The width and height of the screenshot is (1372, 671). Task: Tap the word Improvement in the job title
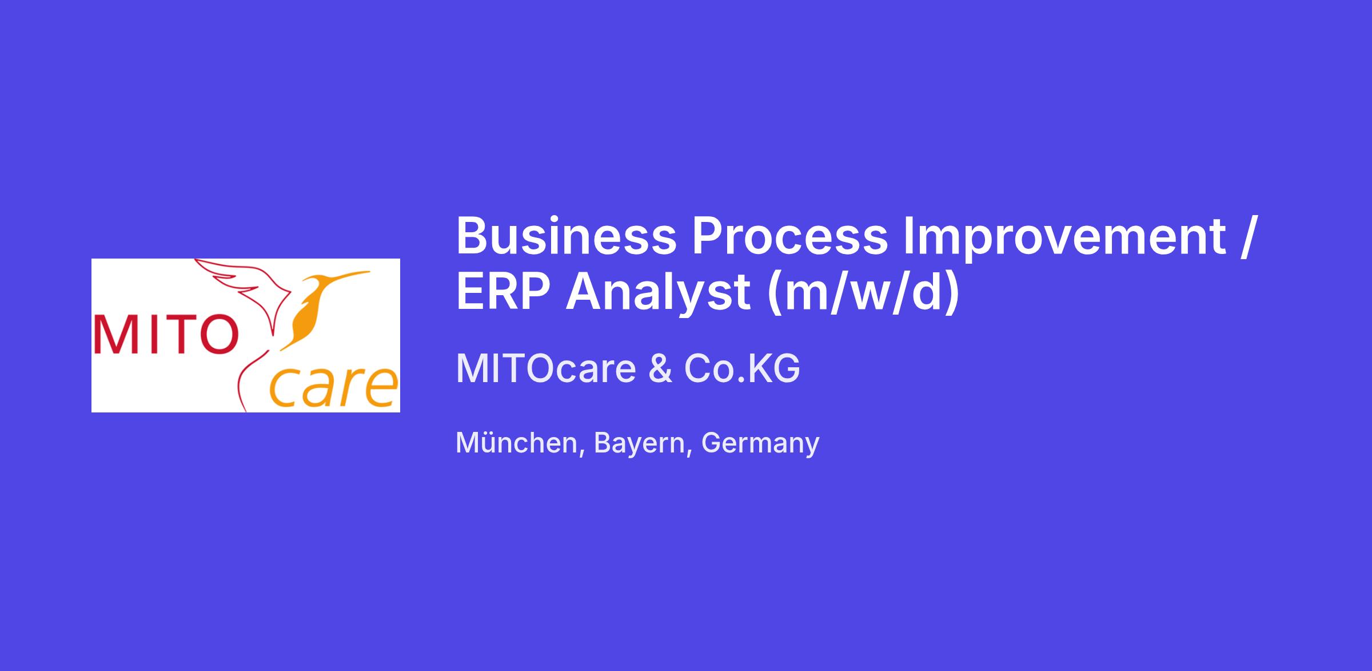coord(1064,239)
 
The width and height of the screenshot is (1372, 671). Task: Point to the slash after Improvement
coord(1247,237)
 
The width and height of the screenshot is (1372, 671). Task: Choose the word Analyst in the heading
coord(659,294)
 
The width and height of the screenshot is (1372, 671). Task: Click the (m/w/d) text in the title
coord(863,292)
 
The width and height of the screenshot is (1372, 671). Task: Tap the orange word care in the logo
coord(333,387)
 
